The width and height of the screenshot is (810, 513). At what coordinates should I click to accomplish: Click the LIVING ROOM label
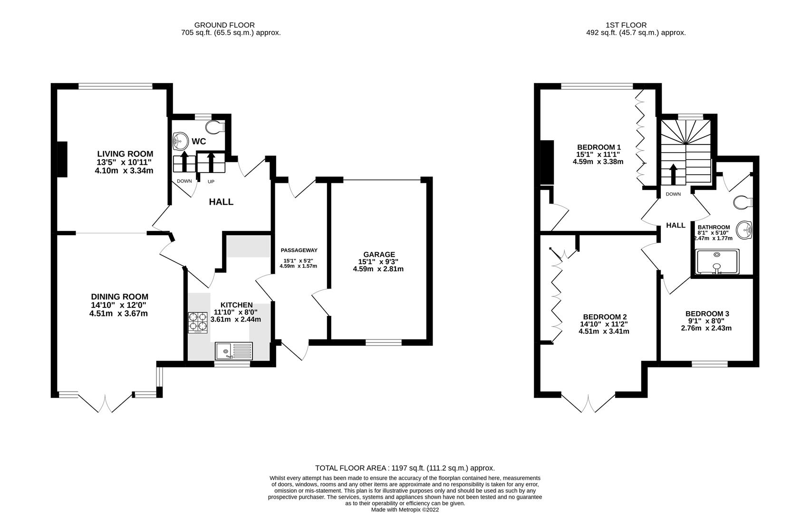[x=125, y=154]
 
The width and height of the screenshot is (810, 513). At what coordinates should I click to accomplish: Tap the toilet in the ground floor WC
[x=215, y=127]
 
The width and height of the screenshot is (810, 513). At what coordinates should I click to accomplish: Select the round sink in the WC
[x=181, y=141]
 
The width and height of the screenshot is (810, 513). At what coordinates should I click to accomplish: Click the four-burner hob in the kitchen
[x=198, y=322]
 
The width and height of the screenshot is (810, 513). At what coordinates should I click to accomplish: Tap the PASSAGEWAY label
[x=299, y=250]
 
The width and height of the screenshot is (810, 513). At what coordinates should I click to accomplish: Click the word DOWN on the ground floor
[x=184, y=181]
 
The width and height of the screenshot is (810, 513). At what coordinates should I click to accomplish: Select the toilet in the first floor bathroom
[x=742, y=202]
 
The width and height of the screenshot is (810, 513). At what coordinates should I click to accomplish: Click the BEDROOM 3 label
[x=707, y=313]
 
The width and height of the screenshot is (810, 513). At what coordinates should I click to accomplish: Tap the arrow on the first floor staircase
[x=673, y=173]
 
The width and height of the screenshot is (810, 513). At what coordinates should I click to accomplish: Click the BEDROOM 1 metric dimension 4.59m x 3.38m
[x=598, y=161]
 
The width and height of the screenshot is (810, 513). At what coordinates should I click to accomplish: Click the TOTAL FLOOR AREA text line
[x=405, y=468]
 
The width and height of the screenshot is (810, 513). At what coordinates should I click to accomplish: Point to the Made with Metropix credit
[x=405, y=510]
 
